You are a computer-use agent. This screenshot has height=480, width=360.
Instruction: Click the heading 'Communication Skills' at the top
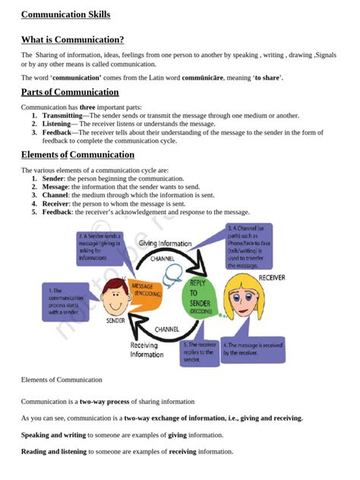click(x=65, y=14)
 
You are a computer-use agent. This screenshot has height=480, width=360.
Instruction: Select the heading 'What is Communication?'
click(x=72, y=39)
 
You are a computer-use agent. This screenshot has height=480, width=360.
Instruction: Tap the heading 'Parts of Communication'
click(x=70, y=92)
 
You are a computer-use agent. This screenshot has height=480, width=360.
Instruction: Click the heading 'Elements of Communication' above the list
click(x=77, y=155)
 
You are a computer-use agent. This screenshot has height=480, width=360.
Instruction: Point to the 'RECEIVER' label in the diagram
click(x=271, y=278)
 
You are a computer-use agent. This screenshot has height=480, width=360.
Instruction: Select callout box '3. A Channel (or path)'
click(x=248, y=246)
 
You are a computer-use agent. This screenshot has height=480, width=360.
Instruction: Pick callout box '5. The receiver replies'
click(x=201, y=351)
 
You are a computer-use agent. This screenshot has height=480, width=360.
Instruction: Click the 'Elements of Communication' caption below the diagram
click(x=62, y=380)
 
